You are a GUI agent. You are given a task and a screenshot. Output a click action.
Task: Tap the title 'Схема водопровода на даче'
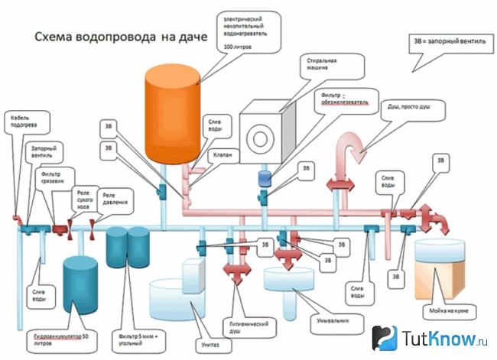tap(112, 37)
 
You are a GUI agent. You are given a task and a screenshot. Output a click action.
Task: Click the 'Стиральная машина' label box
tap(324, 63)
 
